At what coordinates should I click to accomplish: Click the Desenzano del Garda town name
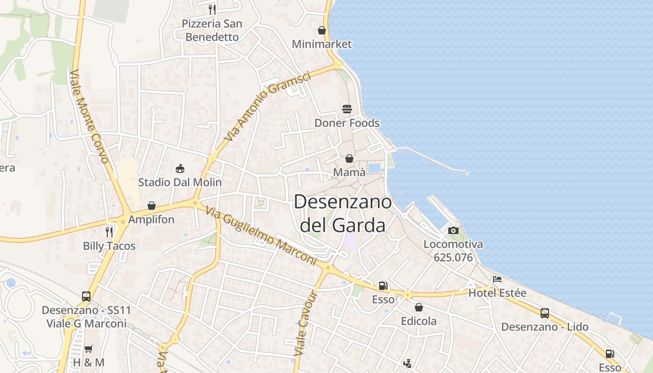[x=343, y=214]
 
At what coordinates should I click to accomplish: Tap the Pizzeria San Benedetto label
[x=212, y=30]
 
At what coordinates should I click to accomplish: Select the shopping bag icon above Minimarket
[x=322, y=31]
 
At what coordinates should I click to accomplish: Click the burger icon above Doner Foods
[x=347, y=109]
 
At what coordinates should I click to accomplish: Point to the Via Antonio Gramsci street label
[x=267, y=107]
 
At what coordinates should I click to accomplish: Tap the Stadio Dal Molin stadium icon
[x=180, y=168]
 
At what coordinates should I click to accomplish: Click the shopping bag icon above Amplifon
[x=152, y=206]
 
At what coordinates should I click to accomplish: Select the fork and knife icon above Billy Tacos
[x=109, y=232]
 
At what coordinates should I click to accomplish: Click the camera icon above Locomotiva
[x=453, y=230]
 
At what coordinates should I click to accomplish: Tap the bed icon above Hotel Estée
[x=497, y=279]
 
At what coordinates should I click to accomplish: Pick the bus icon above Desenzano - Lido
[x=544, y=313]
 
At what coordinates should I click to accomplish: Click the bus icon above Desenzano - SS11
[x=86, y=296]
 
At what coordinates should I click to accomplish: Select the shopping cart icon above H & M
[x=89, y=349]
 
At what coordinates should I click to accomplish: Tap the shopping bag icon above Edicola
[x=419, y=307]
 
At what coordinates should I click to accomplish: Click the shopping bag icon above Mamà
[x=349, y=159]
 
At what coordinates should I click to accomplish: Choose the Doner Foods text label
[x=347, y=123]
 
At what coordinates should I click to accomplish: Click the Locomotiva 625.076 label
[x=453, y=251]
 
